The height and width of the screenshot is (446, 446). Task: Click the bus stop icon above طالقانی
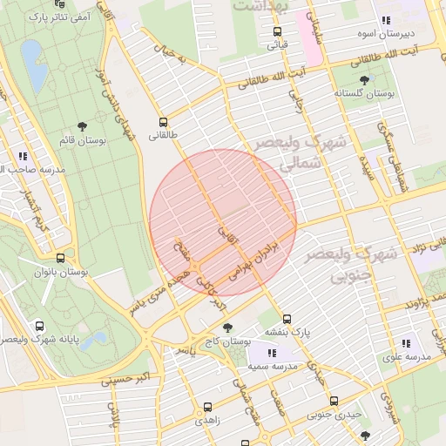point(163,122)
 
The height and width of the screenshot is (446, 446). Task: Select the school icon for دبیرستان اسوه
point(384,21)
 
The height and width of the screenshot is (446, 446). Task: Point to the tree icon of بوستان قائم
point(83,126)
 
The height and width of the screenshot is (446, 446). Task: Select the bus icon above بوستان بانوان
point(60,258)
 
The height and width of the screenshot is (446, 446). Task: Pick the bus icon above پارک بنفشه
point(287,319)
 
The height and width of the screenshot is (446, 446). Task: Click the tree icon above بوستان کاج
point(228,328)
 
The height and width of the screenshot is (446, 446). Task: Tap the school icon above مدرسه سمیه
point(273,353)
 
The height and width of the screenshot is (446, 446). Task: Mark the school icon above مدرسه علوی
point(407,343)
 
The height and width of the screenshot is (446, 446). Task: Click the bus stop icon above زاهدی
point(207,407)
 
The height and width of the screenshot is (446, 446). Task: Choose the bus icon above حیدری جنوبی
point(334,401)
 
